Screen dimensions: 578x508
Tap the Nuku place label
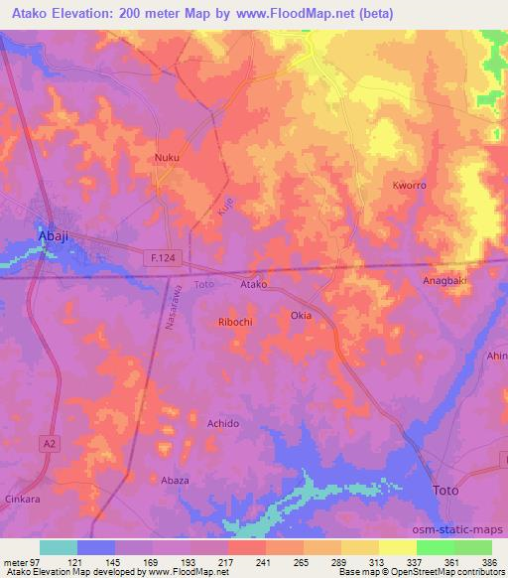coord(167,158)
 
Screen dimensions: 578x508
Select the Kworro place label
coord(409,186)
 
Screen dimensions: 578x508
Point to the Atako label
coord(255,284)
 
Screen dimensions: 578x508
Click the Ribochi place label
coord(236,322)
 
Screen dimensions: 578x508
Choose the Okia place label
coord(302,316)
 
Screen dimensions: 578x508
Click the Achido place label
coord(223,423)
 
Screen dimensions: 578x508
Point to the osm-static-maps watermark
coord(458,529)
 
